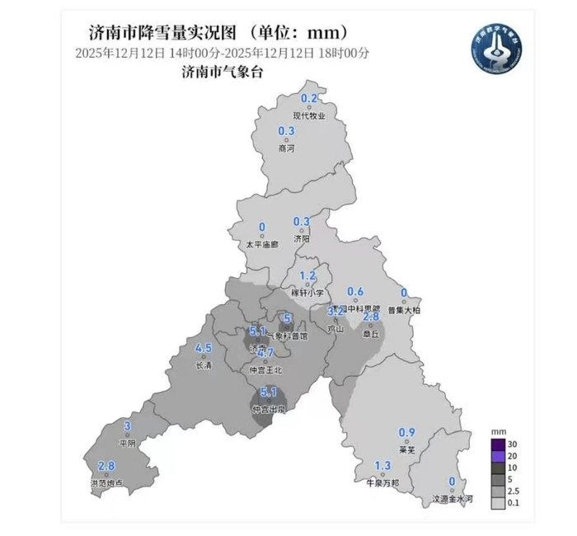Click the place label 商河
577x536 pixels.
pos(286,149)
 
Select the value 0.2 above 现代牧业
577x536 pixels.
pos(309,100)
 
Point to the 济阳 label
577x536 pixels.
pos(302,238)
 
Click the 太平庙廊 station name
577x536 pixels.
pos(262,245)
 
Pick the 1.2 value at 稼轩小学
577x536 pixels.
pos(307,276)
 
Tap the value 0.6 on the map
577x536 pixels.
pos(355,292)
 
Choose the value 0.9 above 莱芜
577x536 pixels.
pos(406,434)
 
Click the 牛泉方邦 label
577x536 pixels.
pos(382,482)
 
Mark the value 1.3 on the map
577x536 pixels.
pos(382,466)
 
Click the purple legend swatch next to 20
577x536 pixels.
pos(499,454)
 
